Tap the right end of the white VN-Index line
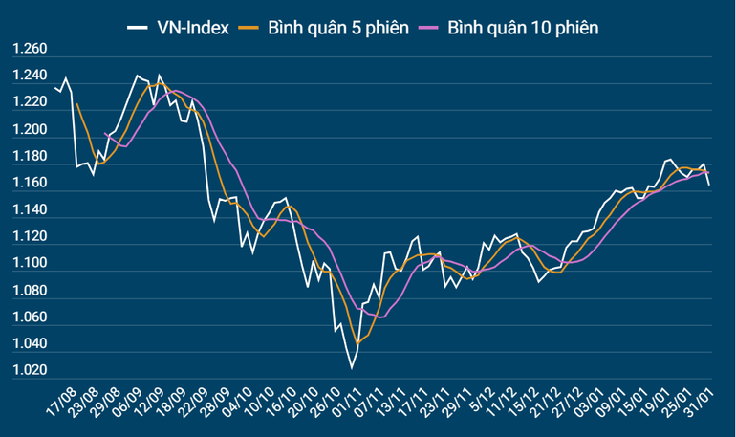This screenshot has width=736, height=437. click(x=708, y=185)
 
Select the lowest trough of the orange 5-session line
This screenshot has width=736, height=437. click(x=357, y=343)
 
